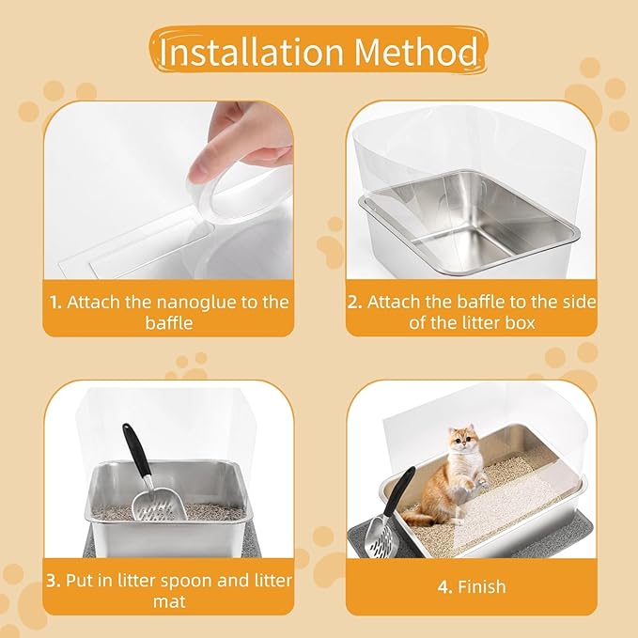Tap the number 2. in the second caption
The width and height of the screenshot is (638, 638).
(355, 303)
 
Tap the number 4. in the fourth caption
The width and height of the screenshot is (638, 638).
(443, 587)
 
